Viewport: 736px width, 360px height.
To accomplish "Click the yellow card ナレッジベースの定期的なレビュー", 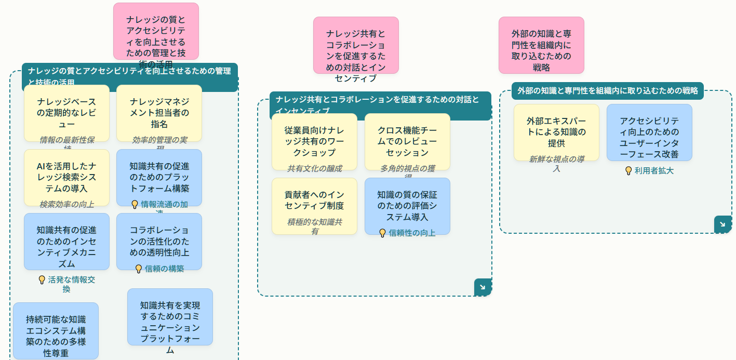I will click(66, 113).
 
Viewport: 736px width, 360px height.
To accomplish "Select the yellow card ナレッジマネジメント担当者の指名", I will click(159, 113).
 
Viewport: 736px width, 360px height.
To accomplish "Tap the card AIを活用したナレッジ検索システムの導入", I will click(66, 177).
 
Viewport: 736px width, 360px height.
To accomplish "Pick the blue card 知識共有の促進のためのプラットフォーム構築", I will click(159, 177).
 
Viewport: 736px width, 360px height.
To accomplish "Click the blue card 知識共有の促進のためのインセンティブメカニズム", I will click(66, 241).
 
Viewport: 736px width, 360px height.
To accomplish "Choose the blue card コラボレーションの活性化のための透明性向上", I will click(159, 241).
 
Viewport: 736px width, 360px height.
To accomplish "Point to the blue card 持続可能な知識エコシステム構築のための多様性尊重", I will click(56, 330).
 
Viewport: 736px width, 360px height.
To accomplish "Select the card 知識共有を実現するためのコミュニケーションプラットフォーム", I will click(170, 317).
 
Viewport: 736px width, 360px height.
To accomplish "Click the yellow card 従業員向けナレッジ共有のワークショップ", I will click(314, 141).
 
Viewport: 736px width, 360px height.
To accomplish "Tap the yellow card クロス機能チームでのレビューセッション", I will click(407, 141).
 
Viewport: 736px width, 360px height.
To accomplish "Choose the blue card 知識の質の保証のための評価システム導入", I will click(407, 206).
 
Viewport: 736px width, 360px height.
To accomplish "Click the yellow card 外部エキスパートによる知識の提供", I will click(556, 132).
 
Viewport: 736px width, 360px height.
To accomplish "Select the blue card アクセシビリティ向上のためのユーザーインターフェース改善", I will click(649, 132).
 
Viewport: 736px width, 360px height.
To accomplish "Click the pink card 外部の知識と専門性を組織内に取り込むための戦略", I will click(541, 45).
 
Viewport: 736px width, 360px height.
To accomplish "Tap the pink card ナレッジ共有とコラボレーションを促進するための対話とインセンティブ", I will click(356, 45).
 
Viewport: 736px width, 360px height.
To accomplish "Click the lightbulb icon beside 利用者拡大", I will click(628, 170).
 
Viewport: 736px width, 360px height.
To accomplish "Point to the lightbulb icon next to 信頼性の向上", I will click(383, 233).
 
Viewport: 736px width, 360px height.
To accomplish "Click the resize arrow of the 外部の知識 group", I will click(722, 224).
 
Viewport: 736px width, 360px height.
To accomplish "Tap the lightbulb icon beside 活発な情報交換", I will click(42, 279).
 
